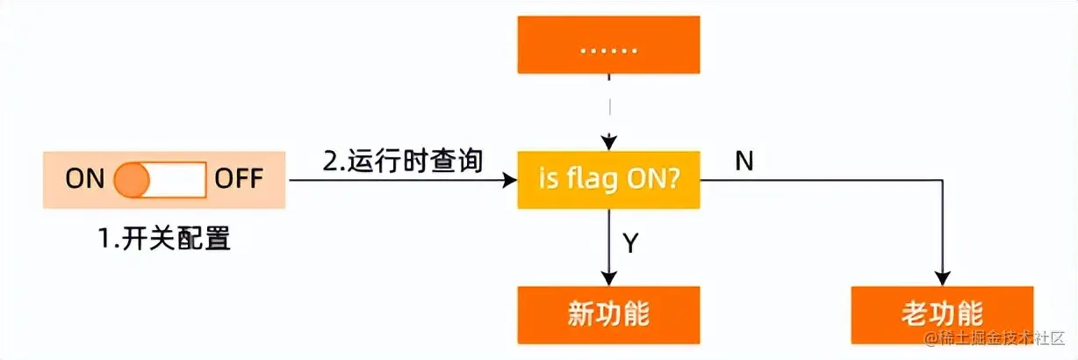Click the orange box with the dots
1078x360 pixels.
click(x=608, y=45)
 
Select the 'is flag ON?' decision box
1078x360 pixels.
click(x=608, y=180)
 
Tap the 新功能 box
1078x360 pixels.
click(x=608, y=313)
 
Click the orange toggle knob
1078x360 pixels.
click(x=133, y=180)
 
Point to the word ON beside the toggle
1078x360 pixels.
click(x=84, y=180)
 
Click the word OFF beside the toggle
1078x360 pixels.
click(x=239, y=180)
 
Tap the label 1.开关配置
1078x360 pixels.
click(x=165, y=238)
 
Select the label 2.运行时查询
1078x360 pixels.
click(x=403, y=162)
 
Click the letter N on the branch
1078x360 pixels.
click(x=744, y=162)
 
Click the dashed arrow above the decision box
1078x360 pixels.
click(x=608, y=105)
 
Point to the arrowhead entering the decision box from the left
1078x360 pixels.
click(x=510, y=180)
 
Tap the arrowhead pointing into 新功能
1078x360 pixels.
click(x=608, y=279)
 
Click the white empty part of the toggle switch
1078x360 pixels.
click(x=178, y=180)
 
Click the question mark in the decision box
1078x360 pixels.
click(x=673, y=180)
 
